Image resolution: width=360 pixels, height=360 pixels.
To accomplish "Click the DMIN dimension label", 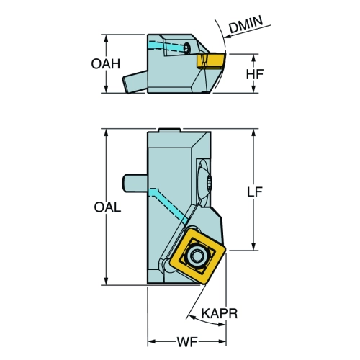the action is tap(246, 24).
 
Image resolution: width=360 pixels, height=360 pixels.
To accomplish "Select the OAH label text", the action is tap(106, 64).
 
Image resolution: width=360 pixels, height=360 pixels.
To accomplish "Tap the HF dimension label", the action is tap(255, 74).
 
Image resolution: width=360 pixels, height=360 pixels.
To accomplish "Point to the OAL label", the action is tap(107, 207).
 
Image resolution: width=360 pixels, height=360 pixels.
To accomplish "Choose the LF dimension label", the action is tap(255, 192).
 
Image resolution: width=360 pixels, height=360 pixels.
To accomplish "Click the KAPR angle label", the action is tap(220, 313).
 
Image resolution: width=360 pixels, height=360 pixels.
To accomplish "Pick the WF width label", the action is tap(187, 342).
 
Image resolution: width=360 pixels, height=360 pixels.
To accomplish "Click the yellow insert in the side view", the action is tap(211, 61).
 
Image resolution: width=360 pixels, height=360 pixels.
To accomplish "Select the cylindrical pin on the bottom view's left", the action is tap(135, 183).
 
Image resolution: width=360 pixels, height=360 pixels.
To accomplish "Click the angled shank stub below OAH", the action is tap(135, 82).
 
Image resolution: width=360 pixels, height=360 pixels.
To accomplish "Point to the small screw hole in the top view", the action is tap(186, 48).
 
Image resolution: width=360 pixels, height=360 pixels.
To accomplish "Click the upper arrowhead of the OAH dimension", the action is tap(106, 37).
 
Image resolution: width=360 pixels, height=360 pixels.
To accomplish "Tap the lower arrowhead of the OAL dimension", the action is tap(106, 282).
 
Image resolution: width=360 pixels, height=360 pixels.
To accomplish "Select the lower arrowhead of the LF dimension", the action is tap(254, 246).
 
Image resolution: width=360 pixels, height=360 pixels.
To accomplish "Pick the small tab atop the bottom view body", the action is tap(169, 130).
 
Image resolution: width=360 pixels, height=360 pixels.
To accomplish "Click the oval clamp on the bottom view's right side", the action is tap(204, 182).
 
